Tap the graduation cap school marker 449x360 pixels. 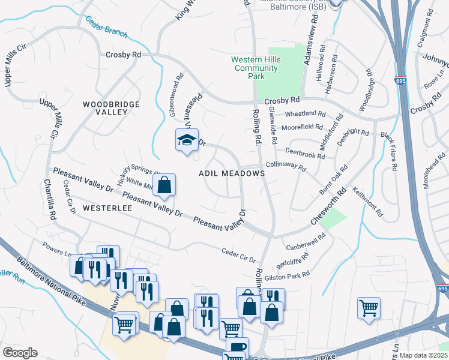tap(187, 140)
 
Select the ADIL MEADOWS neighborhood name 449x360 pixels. tap(232, 173)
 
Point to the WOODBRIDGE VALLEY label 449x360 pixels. tap(111, 108)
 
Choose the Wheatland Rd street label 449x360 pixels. tap(305, 114)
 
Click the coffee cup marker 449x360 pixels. tap(237, 346)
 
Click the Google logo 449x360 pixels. tap(19, 353)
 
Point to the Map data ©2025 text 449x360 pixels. tap(423, 355)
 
